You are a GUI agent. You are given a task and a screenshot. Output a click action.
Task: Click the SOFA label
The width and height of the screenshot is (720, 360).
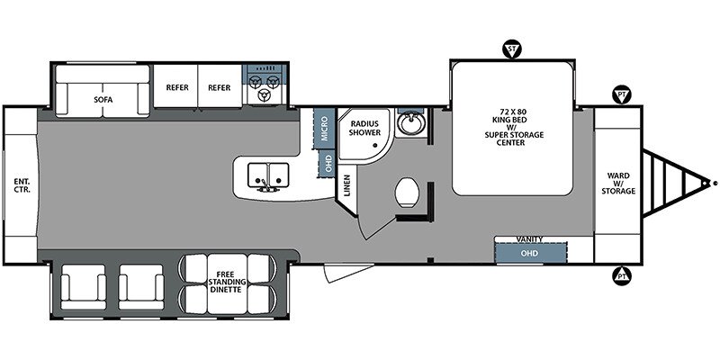pos(103,99)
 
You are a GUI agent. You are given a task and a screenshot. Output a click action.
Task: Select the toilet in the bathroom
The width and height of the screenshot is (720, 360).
pos(407,193)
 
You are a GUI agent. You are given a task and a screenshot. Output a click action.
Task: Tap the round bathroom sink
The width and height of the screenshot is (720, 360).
pos(409,122)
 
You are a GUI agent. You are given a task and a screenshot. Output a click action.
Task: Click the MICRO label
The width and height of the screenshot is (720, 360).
pos(325,129)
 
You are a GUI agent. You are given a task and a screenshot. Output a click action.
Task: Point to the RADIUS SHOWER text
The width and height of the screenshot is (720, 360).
pos(365,128)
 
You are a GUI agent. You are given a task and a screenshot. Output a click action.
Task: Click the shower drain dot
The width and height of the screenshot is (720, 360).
pos(375,146)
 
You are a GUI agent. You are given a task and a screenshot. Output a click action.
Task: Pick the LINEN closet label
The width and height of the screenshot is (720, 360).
pos(347,186)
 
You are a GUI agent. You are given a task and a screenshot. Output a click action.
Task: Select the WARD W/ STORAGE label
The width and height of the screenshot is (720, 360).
pos(618,184)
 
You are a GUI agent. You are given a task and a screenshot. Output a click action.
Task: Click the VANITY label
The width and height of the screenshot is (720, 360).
pos(529,239)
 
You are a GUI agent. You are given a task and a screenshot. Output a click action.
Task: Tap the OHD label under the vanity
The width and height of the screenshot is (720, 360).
pos(529,253)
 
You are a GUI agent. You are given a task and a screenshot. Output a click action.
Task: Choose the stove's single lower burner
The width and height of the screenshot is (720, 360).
pos(264,95)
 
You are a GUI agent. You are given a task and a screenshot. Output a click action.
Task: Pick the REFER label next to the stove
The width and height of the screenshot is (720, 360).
pos(219,87)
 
